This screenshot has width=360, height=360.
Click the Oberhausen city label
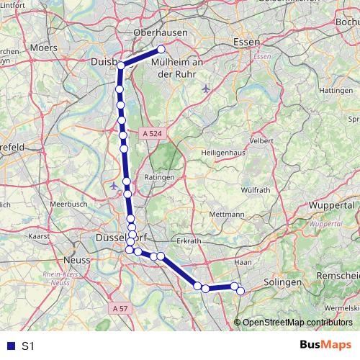[x=161, y=32]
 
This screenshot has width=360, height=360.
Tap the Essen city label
[x=246, y=42]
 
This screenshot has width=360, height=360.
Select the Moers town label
[x=43, y=48]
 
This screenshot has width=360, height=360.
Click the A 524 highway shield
[x=153, y=133]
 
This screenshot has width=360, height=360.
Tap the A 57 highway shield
[x=121, y=308]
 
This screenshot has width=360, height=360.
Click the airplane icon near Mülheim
[x=207, y=89]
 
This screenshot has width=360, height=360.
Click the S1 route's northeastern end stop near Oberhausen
[x=161, y=49]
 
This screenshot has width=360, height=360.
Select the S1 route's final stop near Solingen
[x=240, y=290]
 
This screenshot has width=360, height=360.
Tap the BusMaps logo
[x=327, y=346]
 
